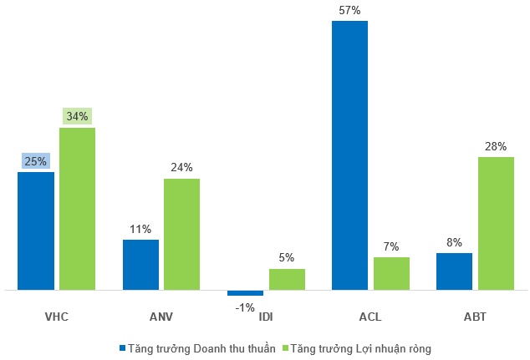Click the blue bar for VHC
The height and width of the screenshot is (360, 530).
click(36, 231)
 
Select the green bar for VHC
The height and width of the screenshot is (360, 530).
click(78, 209)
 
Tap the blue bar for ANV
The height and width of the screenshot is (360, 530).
click(140, 265)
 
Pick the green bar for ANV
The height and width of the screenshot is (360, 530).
click(182, 235)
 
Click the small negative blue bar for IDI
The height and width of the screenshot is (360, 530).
click(245, 293)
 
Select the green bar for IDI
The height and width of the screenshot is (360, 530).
click(287, 280)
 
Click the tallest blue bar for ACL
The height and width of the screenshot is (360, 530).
click(349, 155)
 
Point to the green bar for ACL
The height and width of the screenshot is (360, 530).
click(391, 274)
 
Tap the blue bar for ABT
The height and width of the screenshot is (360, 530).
click(454, 271)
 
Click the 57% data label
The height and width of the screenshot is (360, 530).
click(349, 11)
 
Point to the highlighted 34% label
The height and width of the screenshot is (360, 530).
click(78, 117)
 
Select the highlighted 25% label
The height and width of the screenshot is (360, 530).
click(36, 161)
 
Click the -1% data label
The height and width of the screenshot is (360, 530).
click(245, 307)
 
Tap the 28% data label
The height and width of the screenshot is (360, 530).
click(496, 146)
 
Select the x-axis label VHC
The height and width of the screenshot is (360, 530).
click(57, 317)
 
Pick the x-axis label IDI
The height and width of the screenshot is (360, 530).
click(267, 317)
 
